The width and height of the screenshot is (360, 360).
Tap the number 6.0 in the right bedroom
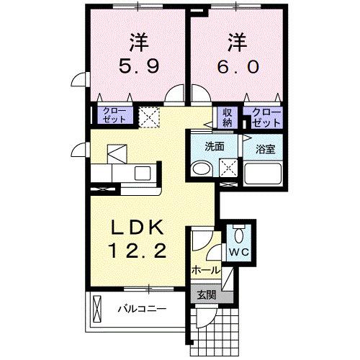pyautogui.click(x=232, y=69)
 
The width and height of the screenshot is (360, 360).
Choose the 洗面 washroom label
pyautogui.click(x=214, y=146)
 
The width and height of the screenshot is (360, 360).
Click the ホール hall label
pyautogui.click(x=205, y=270)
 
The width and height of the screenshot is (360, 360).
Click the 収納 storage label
pyautogui.click(x=228, y=117)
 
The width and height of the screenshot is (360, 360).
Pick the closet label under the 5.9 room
pyautogui.click(x=113, y=117)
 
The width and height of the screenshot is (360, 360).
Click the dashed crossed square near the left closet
pyautogui.click(x=150, y=117)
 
